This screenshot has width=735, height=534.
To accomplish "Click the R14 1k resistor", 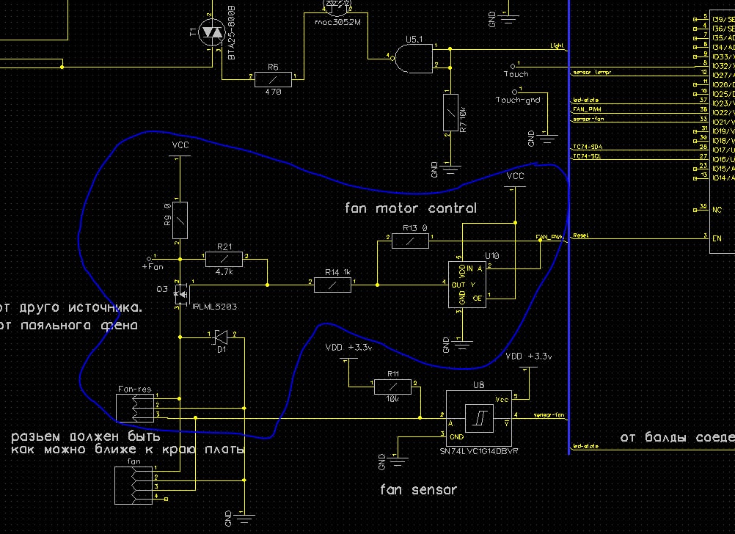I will pyautogui.click(x=333, y=283).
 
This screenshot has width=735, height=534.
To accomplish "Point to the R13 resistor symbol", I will pyautogui.click(x=410, y=240).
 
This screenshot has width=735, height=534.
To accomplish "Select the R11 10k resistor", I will pyautogui.click(x=393, y=386).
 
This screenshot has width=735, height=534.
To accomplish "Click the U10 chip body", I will pyautogui.click(x=467, y=285).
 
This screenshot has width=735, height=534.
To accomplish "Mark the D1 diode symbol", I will pyautogui.click(x=220, y=337).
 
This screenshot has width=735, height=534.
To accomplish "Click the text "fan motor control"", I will pyautogui.click(x=410, y=208).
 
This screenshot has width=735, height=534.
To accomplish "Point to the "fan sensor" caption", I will pyautogui.click(x=418, y=489).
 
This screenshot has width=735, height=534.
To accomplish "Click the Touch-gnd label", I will pyautogui.click(x=518, y=100).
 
